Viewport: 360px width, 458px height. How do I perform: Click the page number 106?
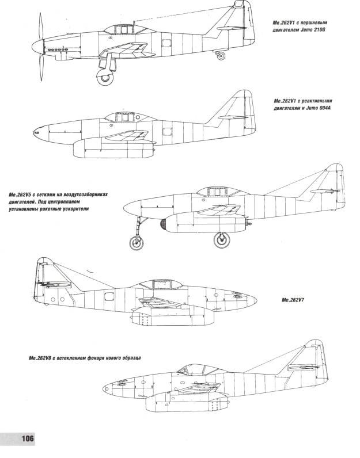click(28, 438)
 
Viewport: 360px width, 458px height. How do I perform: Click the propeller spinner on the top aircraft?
click(37, 47)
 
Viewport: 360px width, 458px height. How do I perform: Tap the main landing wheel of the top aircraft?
click(105, 78)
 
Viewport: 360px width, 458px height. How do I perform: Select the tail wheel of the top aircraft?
click(221, 55)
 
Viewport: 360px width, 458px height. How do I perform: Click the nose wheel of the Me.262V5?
click(137, 242)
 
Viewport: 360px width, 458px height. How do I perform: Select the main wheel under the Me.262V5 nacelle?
click(222, 240)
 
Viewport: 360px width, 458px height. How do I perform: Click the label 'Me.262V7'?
click(293, 300)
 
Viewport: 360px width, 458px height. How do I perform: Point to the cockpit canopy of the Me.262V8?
click(202, 369)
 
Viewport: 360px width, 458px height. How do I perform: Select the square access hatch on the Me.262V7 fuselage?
click(109, 296)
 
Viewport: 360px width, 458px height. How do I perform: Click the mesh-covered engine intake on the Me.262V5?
click(163, 224)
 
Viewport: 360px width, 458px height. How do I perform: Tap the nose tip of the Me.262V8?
click(104, 388)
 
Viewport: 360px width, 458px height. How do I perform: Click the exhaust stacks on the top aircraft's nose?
click(58, 49)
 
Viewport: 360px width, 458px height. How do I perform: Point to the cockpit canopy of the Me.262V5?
click(218, 192)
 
